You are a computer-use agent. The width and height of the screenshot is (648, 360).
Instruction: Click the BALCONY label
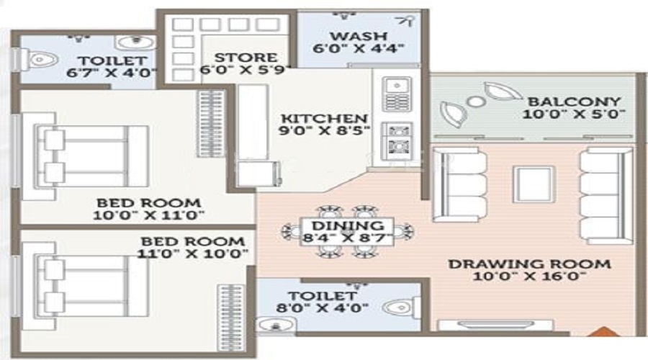pos(575,102)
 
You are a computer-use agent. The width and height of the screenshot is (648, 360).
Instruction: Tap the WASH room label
pos(359,37)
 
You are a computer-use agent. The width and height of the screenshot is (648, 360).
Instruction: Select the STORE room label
pos(246,58)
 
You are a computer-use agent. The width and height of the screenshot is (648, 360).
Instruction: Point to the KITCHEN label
pos(324,119)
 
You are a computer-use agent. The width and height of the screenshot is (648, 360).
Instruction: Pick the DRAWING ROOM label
pos(529,264)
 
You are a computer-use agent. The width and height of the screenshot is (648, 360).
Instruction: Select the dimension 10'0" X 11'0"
pos(149,215)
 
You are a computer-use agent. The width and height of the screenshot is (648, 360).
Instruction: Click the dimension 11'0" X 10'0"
pos(192,253)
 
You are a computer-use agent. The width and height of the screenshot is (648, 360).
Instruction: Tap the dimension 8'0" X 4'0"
pos(323,308)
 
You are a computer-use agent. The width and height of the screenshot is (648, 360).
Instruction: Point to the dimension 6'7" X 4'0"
pos(112,73)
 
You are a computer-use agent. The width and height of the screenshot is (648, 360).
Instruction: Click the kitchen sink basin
pos(397,86)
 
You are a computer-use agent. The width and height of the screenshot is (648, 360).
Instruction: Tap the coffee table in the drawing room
pos(533,184)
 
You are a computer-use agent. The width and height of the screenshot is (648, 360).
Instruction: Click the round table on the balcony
pos(476,102)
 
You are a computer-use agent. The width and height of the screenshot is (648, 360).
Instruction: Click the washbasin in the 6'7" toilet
pos(135,42)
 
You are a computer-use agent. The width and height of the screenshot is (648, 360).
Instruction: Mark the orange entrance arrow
pos(604,331)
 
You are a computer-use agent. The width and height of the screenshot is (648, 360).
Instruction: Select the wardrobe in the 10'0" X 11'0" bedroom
pos(211,123)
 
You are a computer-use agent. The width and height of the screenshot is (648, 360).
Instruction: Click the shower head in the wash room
pos(404,21)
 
